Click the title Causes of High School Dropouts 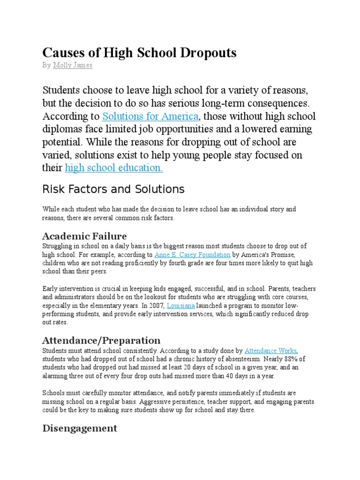pos(139,53)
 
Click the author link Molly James pos(73,66)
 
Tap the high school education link pos(114,168)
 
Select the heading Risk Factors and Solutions pos(113,189)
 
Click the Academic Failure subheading pos(84,235)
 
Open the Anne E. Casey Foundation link pos(192,255)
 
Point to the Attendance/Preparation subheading pos(101,340)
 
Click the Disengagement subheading pos(80,428)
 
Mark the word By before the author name pos(46,66)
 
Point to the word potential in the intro pos(62,142)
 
